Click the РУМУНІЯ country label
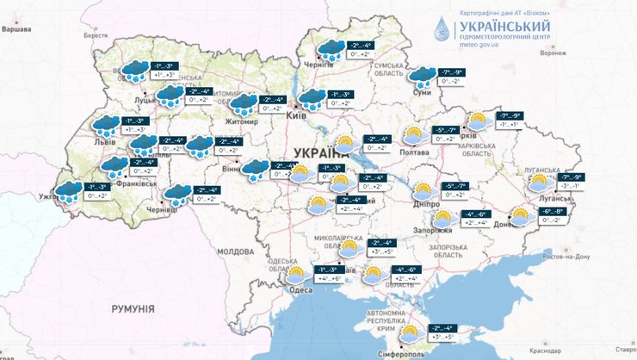[x=132, y=307]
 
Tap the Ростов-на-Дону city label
[x=563, y=257]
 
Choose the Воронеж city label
[x=554, y=53]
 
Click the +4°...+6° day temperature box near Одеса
[x=331, y=279]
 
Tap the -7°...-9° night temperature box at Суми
[x=452, y=72]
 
